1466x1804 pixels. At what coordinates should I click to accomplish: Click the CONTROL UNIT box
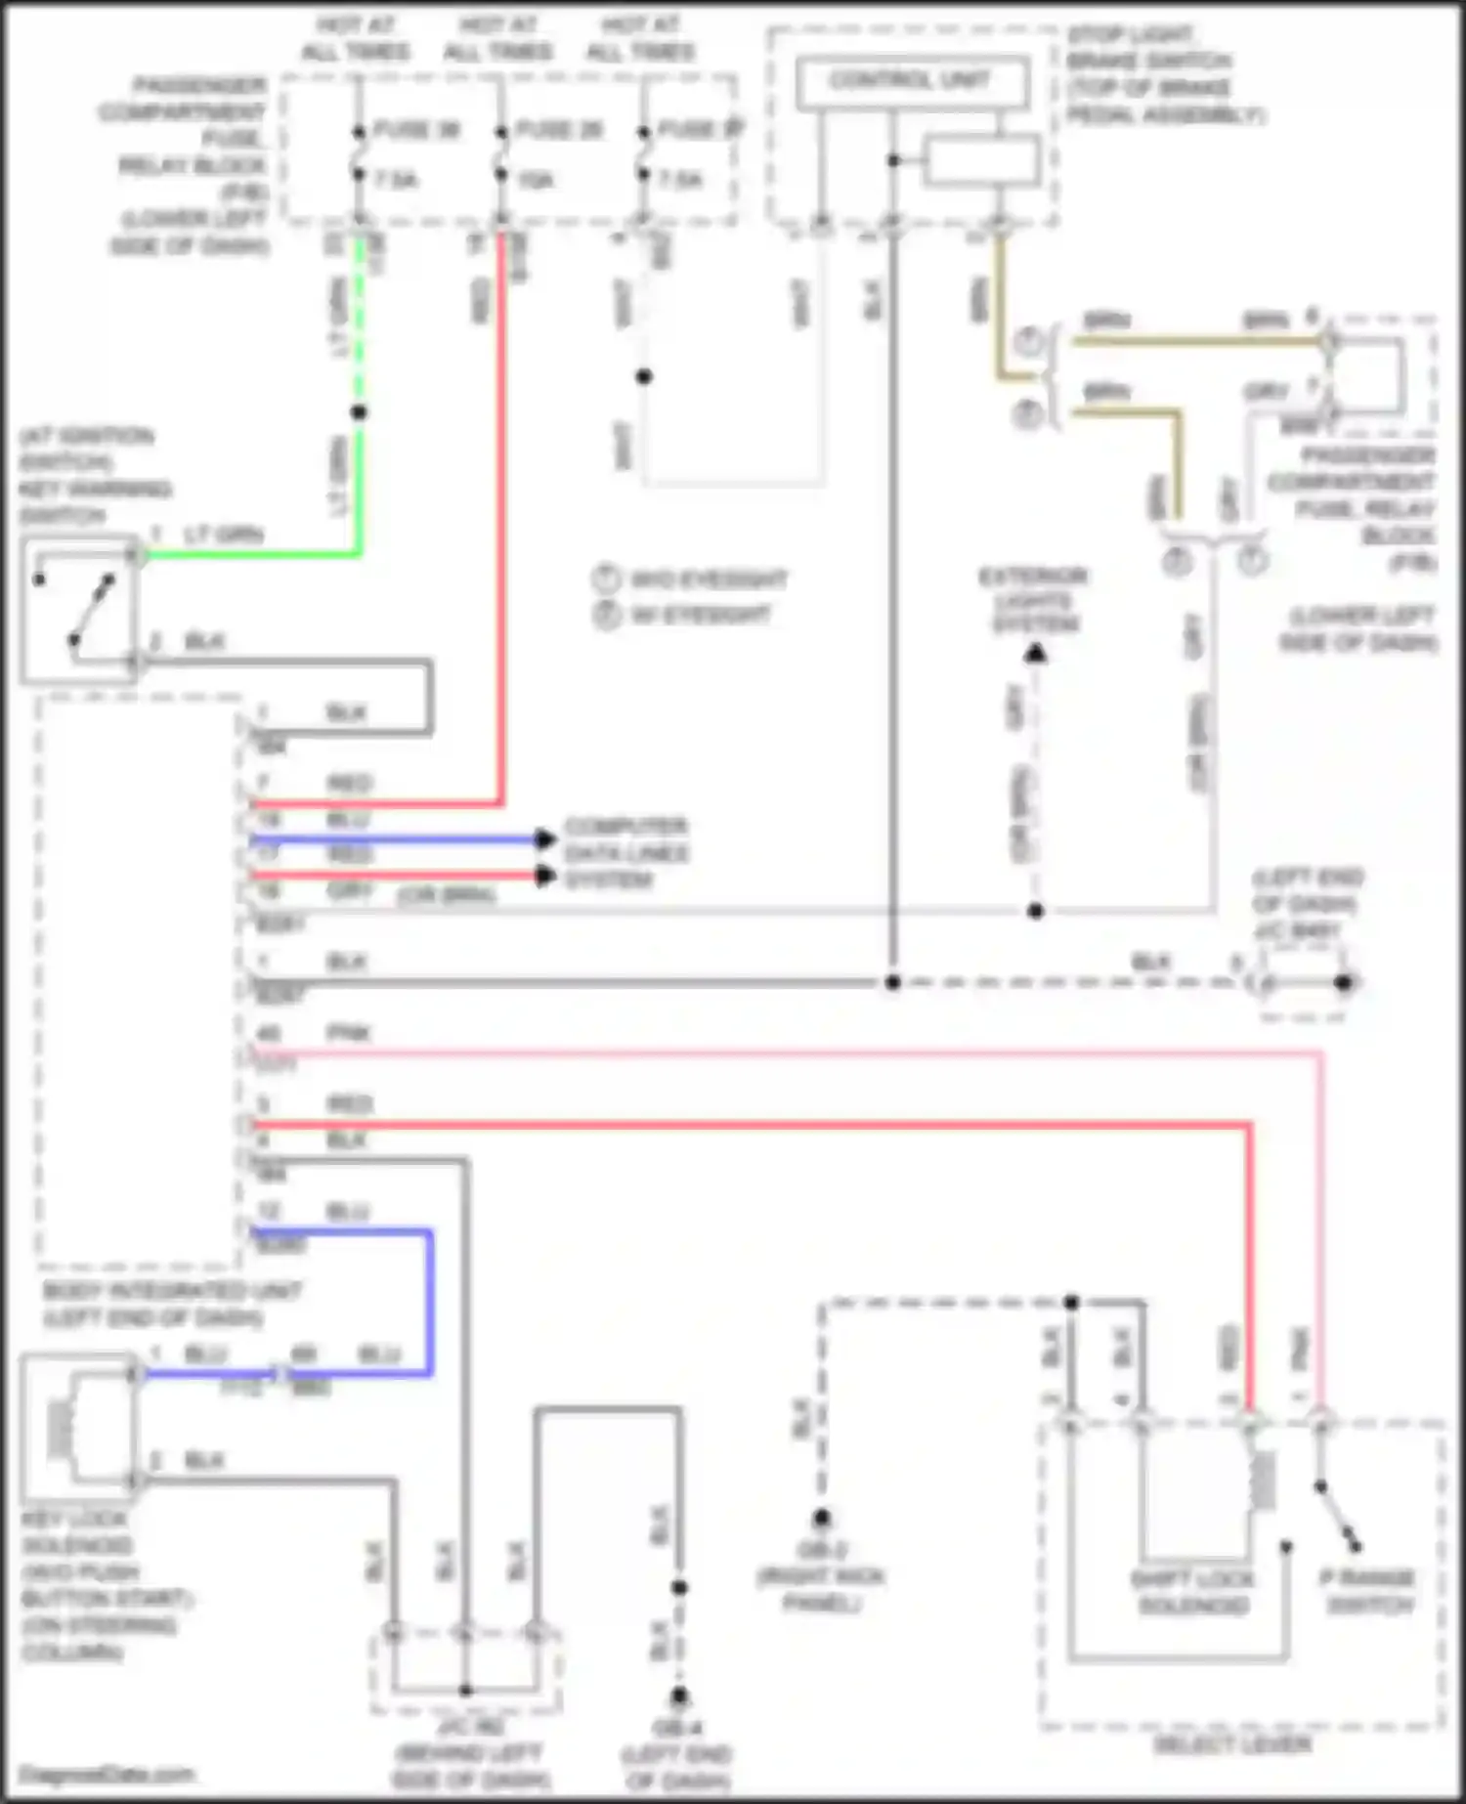911,82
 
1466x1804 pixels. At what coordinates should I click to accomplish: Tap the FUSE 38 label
417,130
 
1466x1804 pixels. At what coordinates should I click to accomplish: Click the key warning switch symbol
78,608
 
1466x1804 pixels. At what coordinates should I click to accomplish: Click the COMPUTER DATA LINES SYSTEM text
626,853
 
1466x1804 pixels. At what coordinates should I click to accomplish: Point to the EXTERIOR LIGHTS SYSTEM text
1034,600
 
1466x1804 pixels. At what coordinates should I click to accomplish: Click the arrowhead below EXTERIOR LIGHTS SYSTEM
1036,653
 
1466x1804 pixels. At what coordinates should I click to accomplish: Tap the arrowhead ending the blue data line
545,838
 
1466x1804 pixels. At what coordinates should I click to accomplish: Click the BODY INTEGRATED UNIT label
172,1304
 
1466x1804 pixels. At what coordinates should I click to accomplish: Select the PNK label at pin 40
348,1033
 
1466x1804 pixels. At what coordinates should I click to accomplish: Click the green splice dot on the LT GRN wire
359,412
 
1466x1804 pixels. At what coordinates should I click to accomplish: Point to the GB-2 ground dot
822,1518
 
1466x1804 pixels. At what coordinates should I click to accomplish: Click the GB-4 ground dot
679,1696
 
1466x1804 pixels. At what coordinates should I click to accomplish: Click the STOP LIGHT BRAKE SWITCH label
1163,75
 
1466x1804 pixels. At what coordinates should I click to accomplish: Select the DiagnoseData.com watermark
108,1775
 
